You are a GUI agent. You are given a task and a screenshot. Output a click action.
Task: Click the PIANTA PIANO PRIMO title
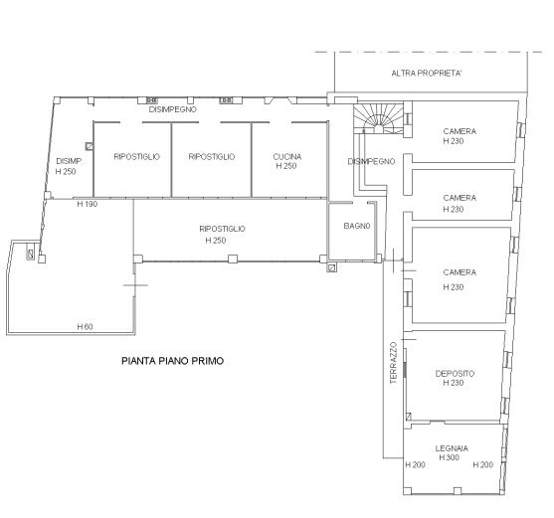[172, 361]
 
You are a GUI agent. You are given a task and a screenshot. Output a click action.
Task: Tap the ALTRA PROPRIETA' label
[427, 74]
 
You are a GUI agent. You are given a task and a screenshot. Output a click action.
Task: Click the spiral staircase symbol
[378, 118]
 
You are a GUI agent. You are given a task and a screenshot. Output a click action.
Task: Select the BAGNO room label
[357, 226]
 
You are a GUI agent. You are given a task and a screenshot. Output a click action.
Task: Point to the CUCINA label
[287, 156]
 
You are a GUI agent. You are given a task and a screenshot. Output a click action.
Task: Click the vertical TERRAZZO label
[394, 363]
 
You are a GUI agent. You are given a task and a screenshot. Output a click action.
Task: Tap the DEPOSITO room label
[455, 373]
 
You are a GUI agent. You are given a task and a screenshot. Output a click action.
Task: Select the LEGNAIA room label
[452, 448]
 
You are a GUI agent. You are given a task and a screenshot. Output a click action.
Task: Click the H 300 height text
[449, 457]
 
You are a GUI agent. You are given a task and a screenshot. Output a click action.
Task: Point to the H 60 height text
[85, 327]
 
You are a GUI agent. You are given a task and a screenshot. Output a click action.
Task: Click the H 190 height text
[87, 204]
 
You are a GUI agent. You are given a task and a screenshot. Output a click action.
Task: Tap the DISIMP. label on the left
[69, 161]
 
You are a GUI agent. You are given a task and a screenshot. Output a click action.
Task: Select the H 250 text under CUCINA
[286, 166]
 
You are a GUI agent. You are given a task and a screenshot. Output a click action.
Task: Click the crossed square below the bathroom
[332, 267]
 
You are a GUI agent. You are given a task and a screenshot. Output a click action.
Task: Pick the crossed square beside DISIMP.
[90, 146]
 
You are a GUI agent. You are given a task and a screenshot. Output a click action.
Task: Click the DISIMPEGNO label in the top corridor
[172, 109]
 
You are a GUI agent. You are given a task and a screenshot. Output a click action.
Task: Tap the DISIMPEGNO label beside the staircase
[371, 161]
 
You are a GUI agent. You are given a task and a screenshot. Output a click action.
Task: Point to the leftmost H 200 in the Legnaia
[415, 464]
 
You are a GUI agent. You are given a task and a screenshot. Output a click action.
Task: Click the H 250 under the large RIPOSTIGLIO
[216, 240]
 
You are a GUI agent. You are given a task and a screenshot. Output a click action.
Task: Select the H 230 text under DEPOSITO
[454, 383]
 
